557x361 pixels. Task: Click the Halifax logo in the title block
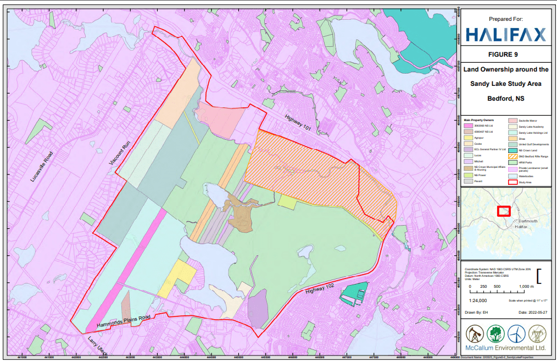click(x=505, y=34)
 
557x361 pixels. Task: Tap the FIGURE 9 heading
click(x=505, y=54)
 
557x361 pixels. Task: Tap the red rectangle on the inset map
click(x=504, y=210)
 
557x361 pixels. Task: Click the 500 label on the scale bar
click(x=497, y=287)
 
